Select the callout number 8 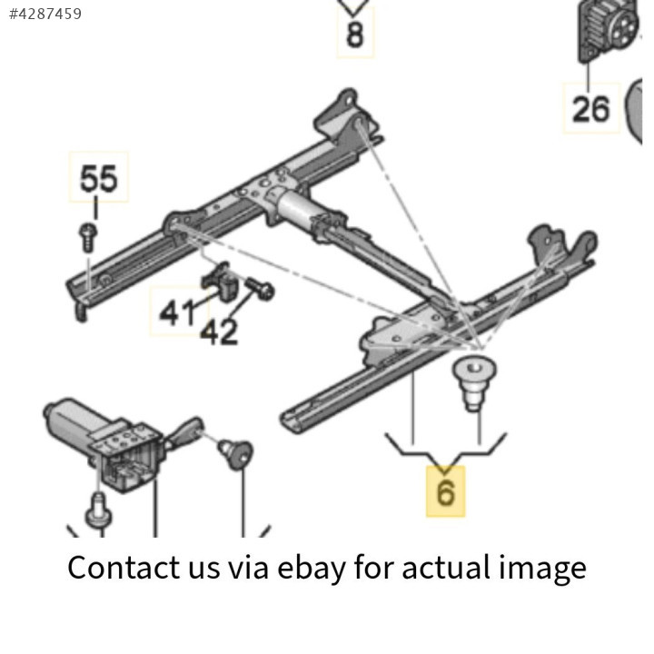[354, 35]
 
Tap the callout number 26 [590, 108]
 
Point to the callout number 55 [99, 178]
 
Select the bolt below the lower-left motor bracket [97, 510]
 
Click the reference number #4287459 [45, 14]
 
